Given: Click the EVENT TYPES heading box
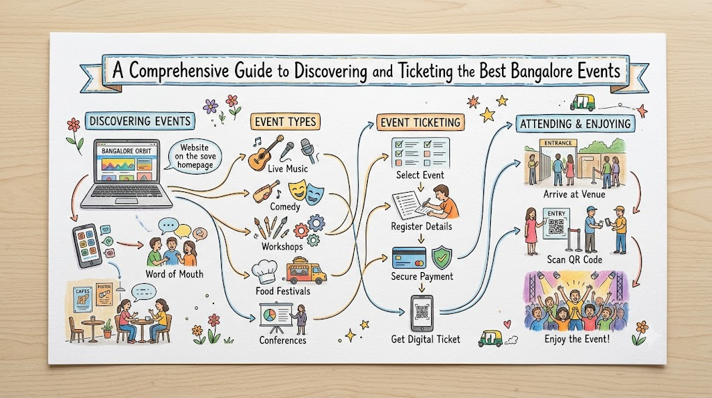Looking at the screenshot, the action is point(285,122).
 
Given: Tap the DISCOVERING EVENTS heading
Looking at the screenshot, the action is point(140,121).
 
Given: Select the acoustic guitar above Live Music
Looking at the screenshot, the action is point(266,153).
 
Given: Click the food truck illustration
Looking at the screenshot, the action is point(307,271).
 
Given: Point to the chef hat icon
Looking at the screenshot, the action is point(264,272).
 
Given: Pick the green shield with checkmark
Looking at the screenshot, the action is point(441,258).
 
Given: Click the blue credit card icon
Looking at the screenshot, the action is point(409,258).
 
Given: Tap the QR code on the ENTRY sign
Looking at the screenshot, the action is point(556,226).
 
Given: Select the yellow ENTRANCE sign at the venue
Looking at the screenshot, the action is point(558,143).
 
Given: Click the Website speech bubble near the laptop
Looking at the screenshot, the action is point(195,157).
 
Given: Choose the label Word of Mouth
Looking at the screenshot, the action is point(175,274).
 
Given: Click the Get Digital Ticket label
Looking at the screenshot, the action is point(426,340).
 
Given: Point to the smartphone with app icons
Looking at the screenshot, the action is point(87,246).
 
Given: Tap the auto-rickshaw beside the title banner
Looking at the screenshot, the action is point(582,103).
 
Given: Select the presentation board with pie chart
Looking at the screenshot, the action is point(275,316).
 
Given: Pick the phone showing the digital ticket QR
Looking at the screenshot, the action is point(422,313).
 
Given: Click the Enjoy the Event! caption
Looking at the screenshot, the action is point(576,339).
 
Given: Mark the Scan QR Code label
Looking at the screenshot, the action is point(574,260).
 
